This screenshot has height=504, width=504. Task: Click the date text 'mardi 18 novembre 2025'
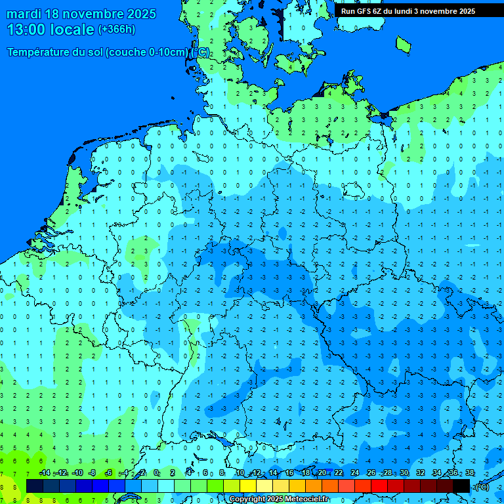[81, 14]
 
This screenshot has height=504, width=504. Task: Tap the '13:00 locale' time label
[51, 30]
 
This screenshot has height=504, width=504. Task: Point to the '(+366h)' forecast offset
[116, 30]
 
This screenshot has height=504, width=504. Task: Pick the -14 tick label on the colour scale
[45, 473]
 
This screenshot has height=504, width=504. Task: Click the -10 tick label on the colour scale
[77, 473]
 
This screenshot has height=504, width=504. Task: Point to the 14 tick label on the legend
[274, 473]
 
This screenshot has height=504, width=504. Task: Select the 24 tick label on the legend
[355, 473]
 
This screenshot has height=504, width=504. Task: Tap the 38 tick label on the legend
[469, 473]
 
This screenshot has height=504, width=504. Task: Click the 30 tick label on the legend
[404, 473]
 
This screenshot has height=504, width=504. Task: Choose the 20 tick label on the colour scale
[322, 473]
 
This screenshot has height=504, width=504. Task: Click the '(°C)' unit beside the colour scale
[482, 487]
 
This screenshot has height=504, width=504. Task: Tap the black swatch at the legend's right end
[461, 486]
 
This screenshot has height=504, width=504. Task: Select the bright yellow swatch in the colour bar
[248, 486]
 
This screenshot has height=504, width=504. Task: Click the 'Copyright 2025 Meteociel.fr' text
[278, 499]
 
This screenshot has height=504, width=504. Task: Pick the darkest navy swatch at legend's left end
[35, 486]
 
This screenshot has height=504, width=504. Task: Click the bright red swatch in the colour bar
[379, 486]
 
